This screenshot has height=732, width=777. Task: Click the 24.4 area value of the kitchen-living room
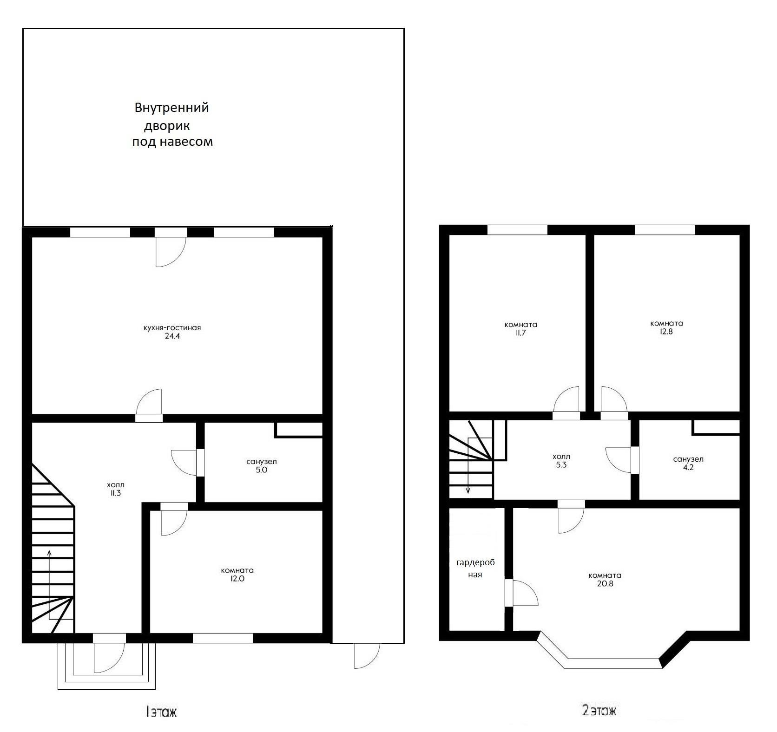pos(172,336)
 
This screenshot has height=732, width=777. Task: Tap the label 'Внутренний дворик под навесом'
pos(172,124)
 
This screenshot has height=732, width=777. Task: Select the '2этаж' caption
pos(599,710)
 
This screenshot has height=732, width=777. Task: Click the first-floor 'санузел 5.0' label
pos(262,465)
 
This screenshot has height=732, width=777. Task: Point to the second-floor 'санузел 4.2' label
pos(688,463)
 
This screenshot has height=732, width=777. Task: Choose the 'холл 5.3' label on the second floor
pos(561,460)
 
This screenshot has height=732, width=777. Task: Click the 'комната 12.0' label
pos(237,575)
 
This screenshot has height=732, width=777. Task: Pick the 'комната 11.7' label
pos(520,328)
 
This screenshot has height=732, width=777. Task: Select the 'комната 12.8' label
pos(666,327)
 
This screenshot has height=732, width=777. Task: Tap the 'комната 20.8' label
pos(605,579)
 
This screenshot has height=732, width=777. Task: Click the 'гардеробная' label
pos(475,569)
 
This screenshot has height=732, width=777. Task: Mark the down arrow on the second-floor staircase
pos(468,465)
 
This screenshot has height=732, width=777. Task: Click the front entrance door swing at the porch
pos(110,658)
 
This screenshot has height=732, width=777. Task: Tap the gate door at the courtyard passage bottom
pos(367,656)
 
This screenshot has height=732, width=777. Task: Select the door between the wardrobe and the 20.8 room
pos(521,593)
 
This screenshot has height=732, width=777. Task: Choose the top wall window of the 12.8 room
pos(665,229)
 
